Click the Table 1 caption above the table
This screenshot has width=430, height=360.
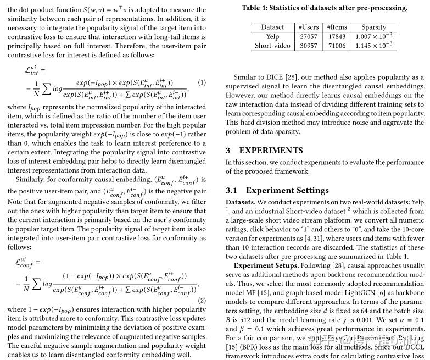(x=325, y=8)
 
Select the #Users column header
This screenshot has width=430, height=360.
(x=308, y=27)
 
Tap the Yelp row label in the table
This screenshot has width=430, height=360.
(x=272, y=36)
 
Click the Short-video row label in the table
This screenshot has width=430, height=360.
(x=272, y=46)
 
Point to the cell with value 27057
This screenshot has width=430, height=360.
(x=308, y=36)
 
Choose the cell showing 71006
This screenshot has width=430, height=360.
(x=337, y=46)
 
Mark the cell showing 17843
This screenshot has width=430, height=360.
(x=337, y=36)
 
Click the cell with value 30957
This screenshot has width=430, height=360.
(x=308, y=46)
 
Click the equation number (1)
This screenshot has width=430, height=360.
(x=202, y=82)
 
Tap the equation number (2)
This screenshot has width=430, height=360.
(x=202, y=301)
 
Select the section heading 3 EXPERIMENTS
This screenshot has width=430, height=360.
(x=264, y=151)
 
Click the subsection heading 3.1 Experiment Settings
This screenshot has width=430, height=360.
(x=277, y=191)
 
